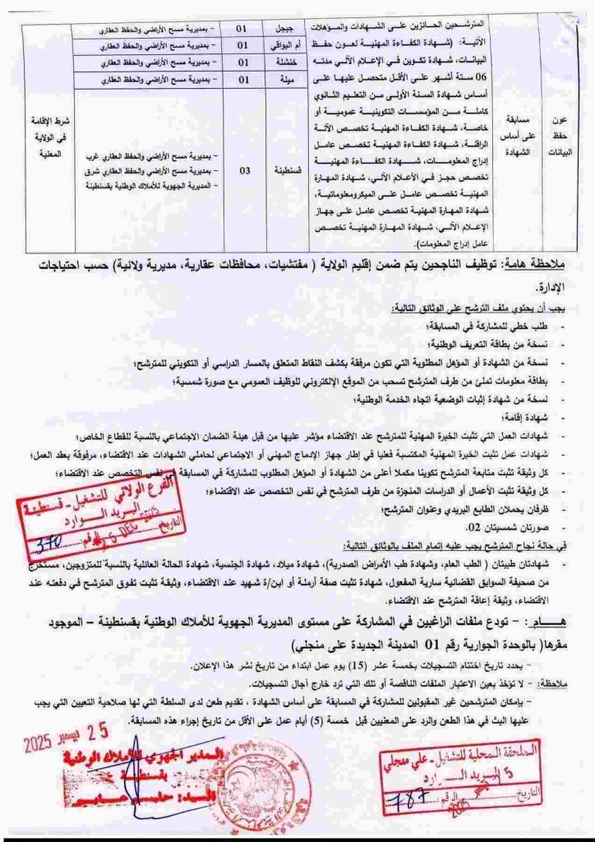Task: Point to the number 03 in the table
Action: [x=242, y=172]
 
